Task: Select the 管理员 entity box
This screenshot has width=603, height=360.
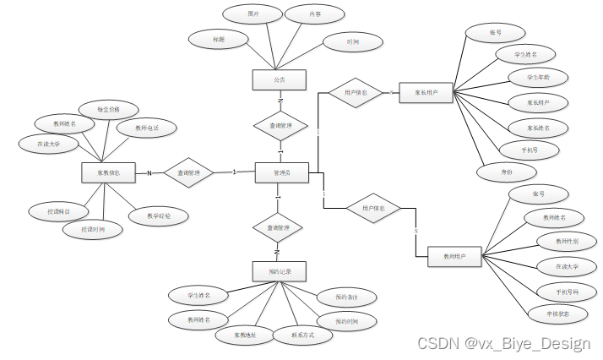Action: (282, 172)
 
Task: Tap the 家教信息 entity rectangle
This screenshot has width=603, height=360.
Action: (109, 172)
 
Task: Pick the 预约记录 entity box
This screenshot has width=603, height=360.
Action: (279, 270)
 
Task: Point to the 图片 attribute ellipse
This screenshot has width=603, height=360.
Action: (253, 14)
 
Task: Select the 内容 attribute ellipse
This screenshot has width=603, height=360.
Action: (313, 14)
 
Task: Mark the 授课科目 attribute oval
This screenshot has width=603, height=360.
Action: (56, 210)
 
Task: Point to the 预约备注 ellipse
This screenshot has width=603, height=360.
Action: (341, 297)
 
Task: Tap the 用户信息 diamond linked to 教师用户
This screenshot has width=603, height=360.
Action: (373, 208)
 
